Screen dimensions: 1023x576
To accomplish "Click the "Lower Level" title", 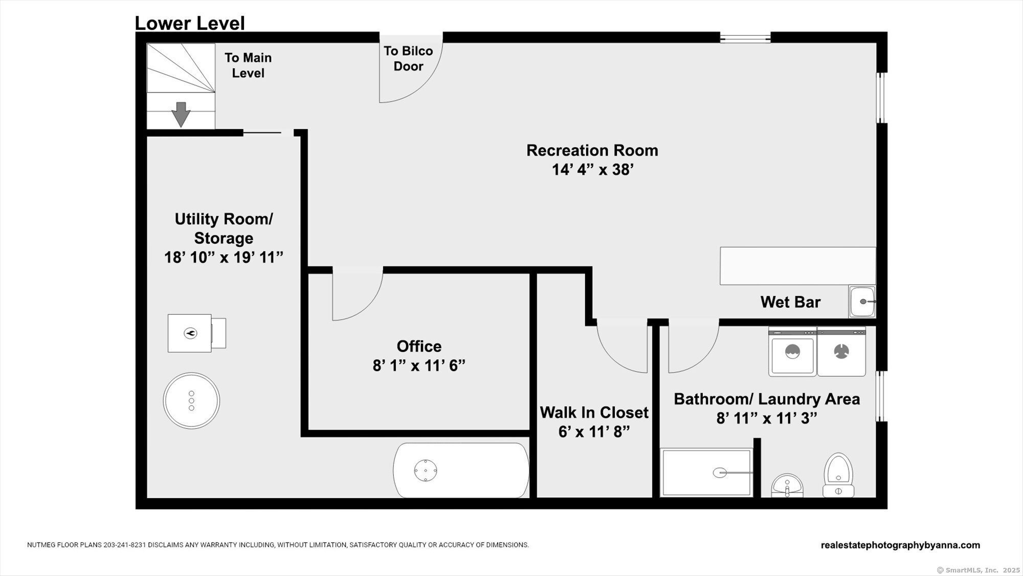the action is click(190, 24).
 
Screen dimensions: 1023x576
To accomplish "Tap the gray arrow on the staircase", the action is click(181, 114).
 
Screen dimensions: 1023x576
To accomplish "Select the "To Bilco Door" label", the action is click(408, 58).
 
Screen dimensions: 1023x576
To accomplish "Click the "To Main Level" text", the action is click(248, 65).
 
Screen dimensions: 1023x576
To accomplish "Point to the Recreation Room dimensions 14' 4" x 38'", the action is click(592, 169).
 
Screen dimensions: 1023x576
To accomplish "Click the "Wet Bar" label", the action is click(790, 302).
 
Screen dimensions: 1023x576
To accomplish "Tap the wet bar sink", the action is click(862, 302).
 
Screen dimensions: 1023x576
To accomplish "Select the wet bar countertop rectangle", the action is click(797, 266).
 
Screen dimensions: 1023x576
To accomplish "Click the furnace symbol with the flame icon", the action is click(197, 333).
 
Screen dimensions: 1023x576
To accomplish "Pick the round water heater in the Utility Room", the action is click(191, 400).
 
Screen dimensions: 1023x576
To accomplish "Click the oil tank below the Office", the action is click(461, 470).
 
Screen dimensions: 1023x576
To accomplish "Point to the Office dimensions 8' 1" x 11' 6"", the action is click(419, 366).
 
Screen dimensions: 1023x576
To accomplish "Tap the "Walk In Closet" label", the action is click(594, 412).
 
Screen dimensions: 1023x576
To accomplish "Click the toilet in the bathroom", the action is click(838, 475).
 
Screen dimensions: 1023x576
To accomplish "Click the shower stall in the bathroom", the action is click(706, 473).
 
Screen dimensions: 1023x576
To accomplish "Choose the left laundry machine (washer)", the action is click(792, 352).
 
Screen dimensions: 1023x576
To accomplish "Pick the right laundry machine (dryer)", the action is click(841, 352).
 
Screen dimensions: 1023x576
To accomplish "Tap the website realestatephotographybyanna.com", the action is click(900, 545).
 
